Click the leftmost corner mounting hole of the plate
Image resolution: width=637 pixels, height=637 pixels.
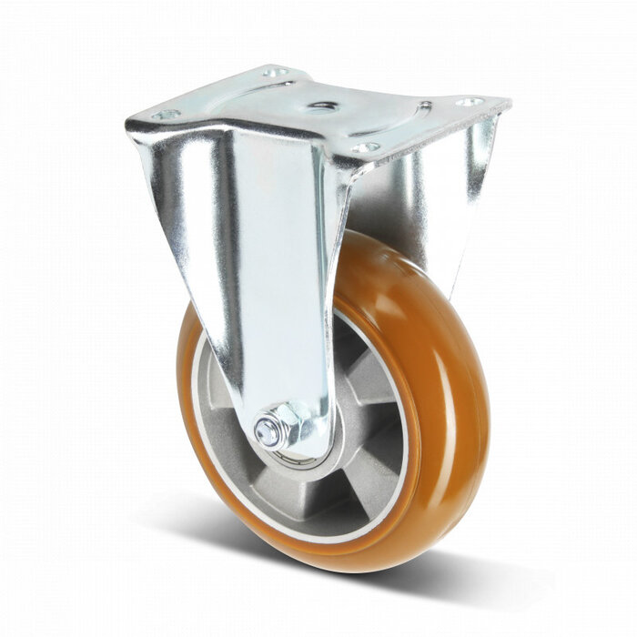(x=167, y=115)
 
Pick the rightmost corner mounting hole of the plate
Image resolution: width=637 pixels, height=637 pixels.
(x=470, y=102)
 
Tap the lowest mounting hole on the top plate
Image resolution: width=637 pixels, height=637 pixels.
(x=364, y=147)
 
